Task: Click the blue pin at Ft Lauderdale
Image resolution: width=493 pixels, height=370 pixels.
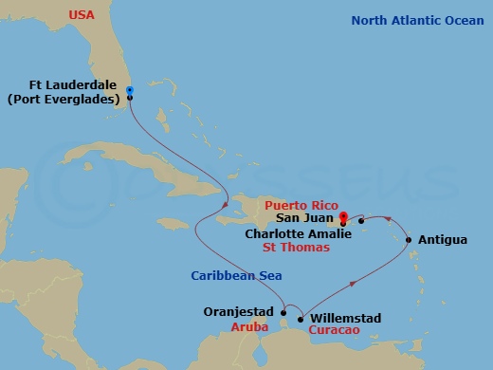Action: [129, 89]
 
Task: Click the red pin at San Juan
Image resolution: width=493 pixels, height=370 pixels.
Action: [343, 216]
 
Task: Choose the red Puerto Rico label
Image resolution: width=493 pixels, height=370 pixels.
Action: [301, 204]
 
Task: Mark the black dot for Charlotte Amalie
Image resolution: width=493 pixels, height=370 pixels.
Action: [361, 221]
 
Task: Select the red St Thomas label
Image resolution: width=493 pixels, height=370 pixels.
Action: [298, 247]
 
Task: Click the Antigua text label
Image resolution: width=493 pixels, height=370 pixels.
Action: [442, 240]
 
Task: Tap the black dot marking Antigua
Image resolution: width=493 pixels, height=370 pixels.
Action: [409, 240]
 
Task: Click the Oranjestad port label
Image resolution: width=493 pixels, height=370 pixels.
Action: [239, 311]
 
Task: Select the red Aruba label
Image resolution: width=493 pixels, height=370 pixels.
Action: [251, 325]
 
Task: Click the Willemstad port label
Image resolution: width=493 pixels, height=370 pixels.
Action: [346, 319]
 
